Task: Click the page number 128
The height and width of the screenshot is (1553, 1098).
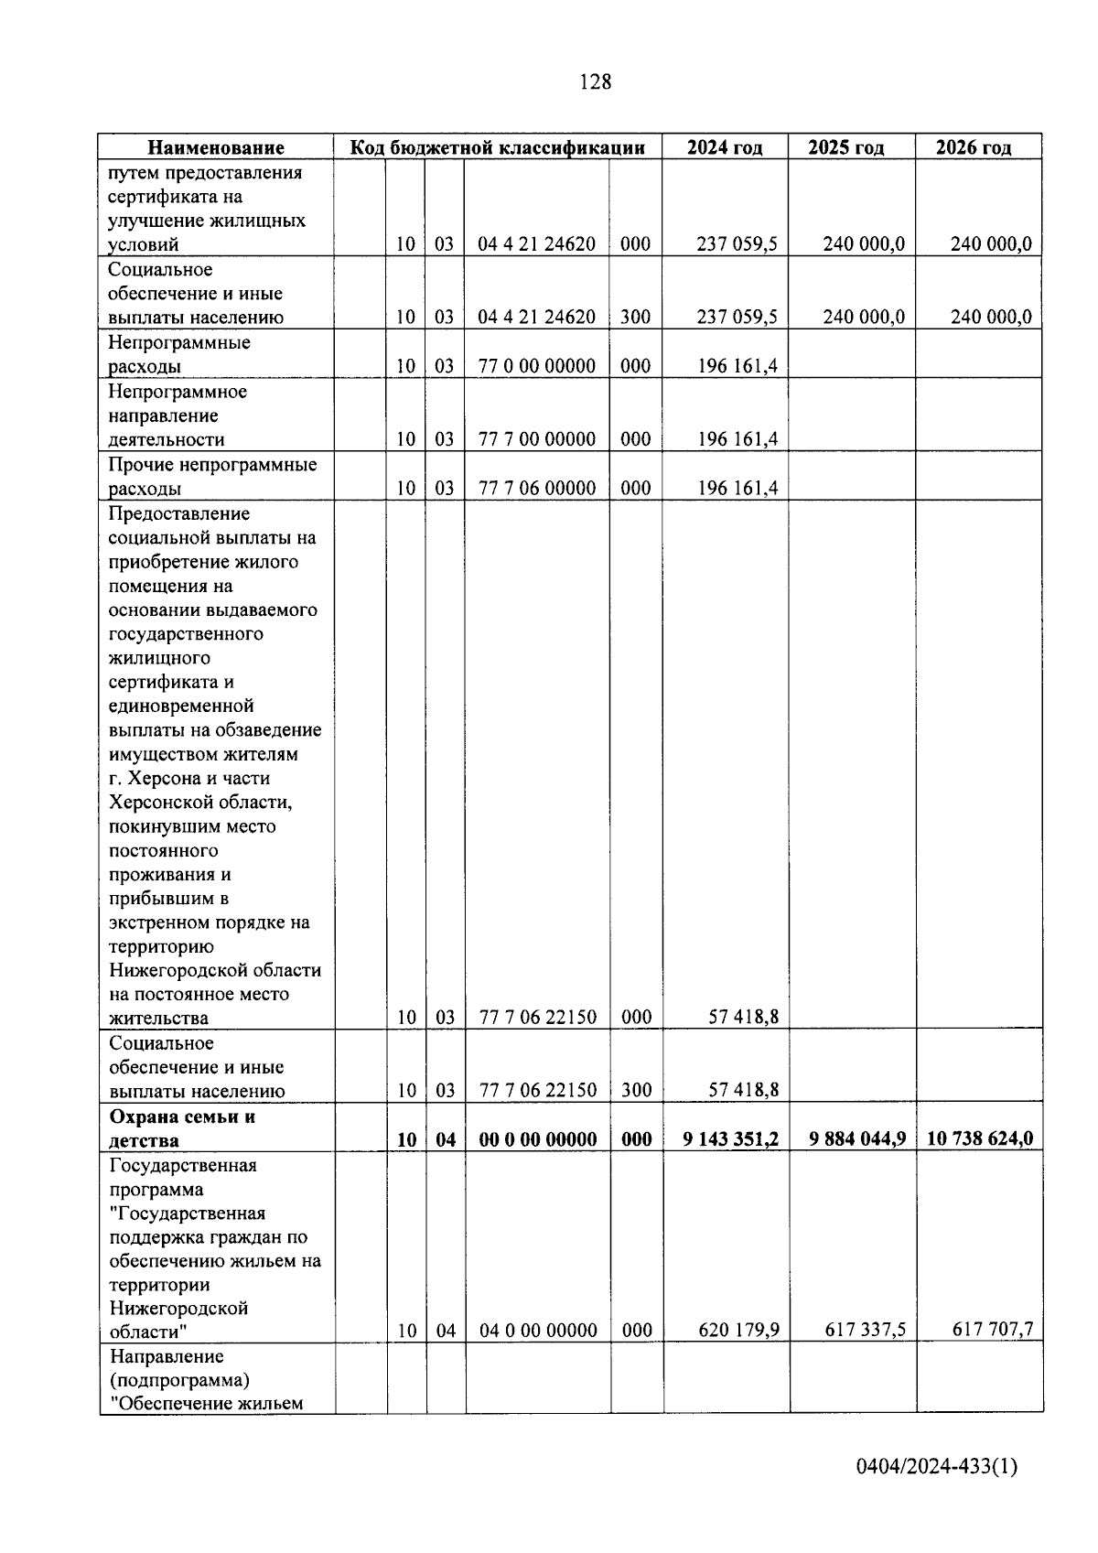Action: coord(595,82)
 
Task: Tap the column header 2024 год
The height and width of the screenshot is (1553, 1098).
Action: coord(725,147)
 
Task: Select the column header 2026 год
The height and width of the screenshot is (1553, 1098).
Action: coord(974,147)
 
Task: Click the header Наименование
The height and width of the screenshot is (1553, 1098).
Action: coord(216,147)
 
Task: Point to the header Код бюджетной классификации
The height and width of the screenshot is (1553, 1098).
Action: coord(499,147)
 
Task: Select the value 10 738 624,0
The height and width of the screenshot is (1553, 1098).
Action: coord(980,1138)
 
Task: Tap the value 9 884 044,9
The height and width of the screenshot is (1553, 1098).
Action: coord(857,1138)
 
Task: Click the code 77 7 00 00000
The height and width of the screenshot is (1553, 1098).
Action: coord(537,439)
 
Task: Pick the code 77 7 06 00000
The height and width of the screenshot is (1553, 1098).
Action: coord(537,488)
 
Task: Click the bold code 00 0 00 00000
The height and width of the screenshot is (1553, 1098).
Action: coord(537,1139)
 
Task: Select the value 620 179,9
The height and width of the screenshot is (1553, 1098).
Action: coord(738,1330)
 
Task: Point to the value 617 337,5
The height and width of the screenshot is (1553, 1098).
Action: coord(865,1330)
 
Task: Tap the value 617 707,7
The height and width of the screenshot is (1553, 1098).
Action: coord(992,1330)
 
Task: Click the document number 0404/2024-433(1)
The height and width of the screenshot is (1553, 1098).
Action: coord(936,1467)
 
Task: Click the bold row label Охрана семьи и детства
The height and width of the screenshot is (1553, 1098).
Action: coord(182,1128)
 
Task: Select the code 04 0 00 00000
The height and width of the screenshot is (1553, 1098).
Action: coord(537,1331)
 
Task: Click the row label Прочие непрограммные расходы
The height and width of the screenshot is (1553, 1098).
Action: coord(212,476)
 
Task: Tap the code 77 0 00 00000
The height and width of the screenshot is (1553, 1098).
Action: coord(537,366)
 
